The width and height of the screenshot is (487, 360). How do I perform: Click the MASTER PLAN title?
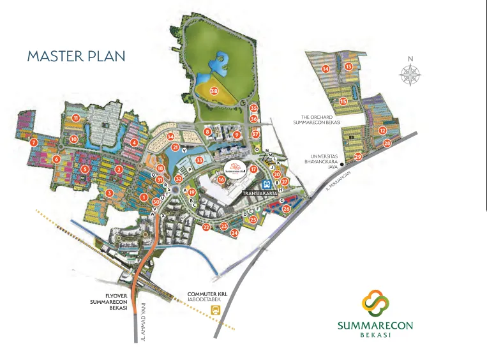click(76, 56)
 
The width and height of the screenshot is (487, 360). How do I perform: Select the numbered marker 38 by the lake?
click(214, 91)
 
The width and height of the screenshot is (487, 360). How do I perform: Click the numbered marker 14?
click(326, 69)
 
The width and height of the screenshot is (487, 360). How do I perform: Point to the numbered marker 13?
click(348, 66)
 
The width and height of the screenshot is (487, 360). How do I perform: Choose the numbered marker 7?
click(34, 142)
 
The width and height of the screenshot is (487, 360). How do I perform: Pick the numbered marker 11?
click(75, 118)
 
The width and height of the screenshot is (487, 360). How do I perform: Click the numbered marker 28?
click(387, 144)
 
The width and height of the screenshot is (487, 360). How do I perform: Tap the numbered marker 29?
click(358, 156)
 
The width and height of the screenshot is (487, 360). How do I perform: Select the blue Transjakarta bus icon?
click(267, 183)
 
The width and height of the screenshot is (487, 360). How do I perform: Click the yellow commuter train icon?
click(215, 310)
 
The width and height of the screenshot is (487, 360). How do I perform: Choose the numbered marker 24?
click(234, 233)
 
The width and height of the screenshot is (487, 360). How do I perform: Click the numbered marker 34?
click(170, 136)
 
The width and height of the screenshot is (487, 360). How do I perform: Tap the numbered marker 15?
click(343, 101)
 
